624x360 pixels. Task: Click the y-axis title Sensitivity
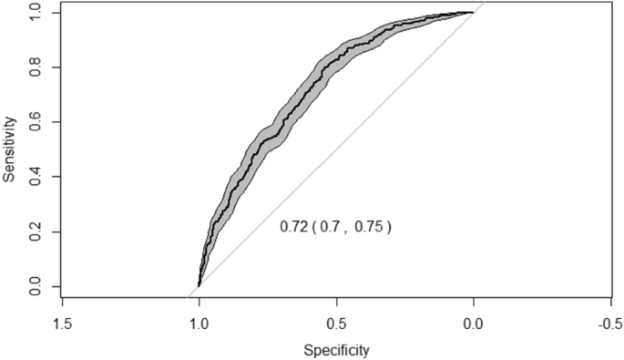10,149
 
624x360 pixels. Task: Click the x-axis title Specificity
336,348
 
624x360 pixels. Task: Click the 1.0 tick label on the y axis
35,13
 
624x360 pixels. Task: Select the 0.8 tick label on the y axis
35,67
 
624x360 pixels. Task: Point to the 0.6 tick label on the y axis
35,122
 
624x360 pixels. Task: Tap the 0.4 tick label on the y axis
35,178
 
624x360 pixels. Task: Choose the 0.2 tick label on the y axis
35,232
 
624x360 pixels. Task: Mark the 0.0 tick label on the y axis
35,288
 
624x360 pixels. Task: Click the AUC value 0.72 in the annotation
292,226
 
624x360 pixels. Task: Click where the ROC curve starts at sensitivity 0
199,286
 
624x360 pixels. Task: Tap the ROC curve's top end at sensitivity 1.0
473,13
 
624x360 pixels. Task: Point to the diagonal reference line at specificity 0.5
336,149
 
